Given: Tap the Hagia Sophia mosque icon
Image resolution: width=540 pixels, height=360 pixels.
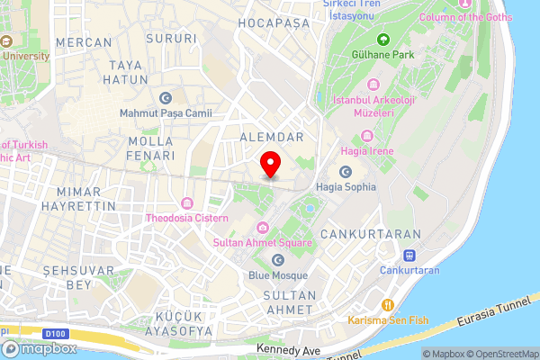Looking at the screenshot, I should tap(346, 172).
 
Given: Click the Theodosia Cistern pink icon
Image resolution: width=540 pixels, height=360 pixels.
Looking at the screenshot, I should tap(187, 202).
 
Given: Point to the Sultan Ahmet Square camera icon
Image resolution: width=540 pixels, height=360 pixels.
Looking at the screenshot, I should tap(263, 227).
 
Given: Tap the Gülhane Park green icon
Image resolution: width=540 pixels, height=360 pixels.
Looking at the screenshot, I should tap(382, 40).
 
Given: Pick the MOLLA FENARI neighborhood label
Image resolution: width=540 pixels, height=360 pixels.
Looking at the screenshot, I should tap(151, 148).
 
